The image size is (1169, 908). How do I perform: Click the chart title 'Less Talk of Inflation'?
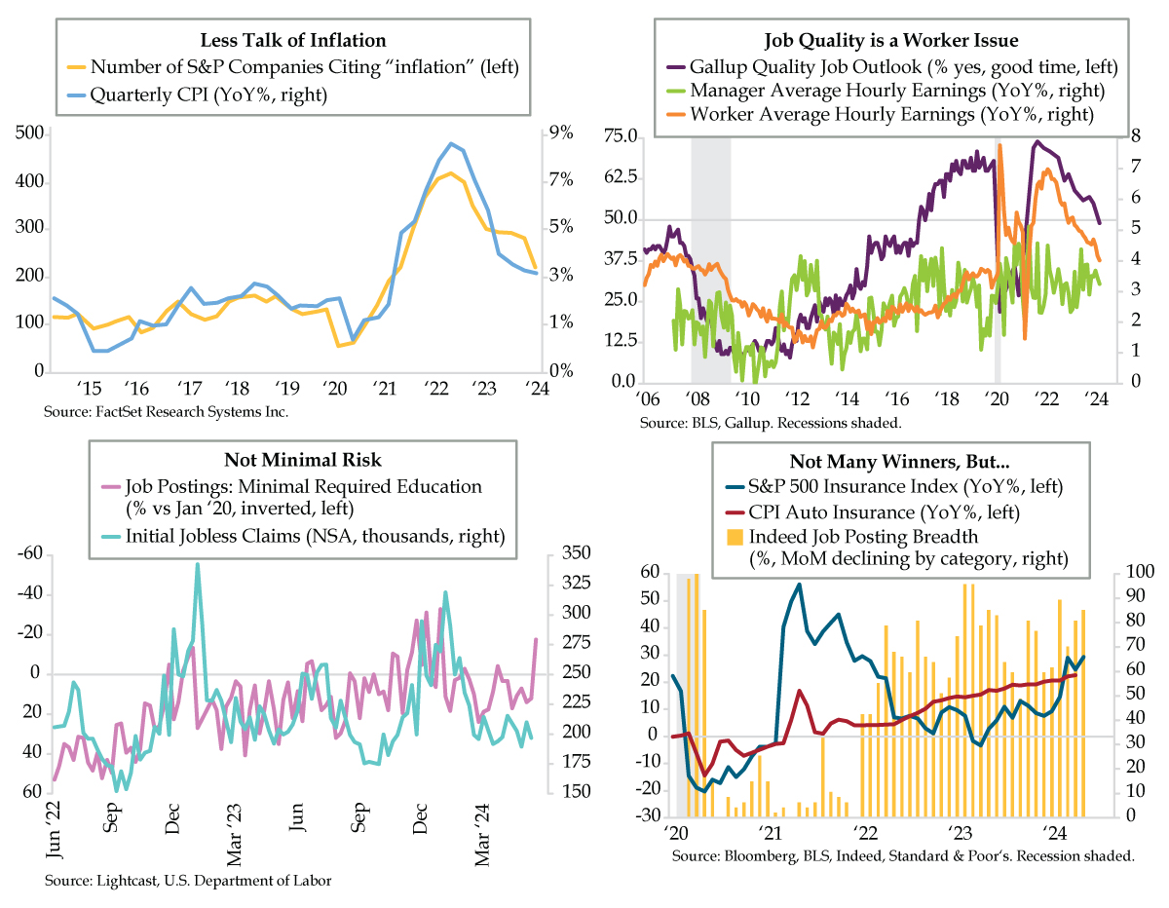pyautogui.click(x=293, y=41)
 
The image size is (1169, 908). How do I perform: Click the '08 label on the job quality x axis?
pyautogui.click(x=697, y=397)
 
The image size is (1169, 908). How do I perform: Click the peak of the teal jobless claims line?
pyautogui.click(x=197, y=563)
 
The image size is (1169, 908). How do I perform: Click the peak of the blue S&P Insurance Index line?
pyautogui.click(x=800, y=585)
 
